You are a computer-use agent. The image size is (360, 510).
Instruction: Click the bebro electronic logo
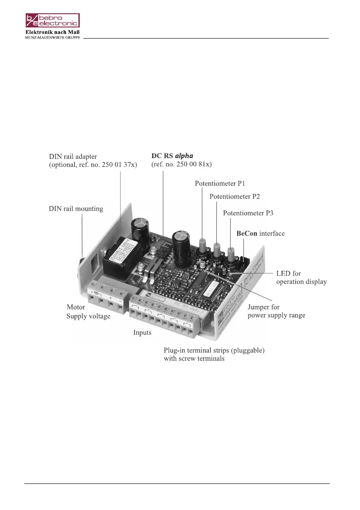point(52,21)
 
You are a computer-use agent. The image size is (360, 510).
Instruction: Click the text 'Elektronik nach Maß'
point(52,32)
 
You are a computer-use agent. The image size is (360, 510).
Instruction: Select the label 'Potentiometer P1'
point(220,183)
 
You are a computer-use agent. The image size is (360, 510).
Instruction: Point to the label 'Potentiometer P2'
point(234,197)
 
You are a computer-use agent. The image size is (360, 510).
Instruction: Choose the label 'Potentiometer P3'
point(248,213)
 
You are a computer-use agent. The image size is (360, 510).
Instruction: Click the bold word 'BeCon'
point(247,234)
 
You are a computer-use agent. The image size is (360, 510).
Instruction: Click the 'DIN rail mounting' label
point(76,209)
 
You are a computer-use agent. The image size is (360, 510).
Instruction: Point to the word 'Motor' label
point(75,307)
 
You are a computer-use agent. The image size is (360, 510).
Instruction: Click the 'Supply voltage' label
point(88,316)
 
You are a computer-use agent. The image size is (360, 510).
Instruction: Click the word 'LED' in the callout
point(282,273)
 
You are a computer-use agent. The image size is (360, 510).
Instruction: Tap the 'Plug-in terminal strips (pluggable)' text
point(214,350)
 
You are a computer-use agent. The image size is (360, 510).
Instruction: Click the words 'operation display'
point(301,282)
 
